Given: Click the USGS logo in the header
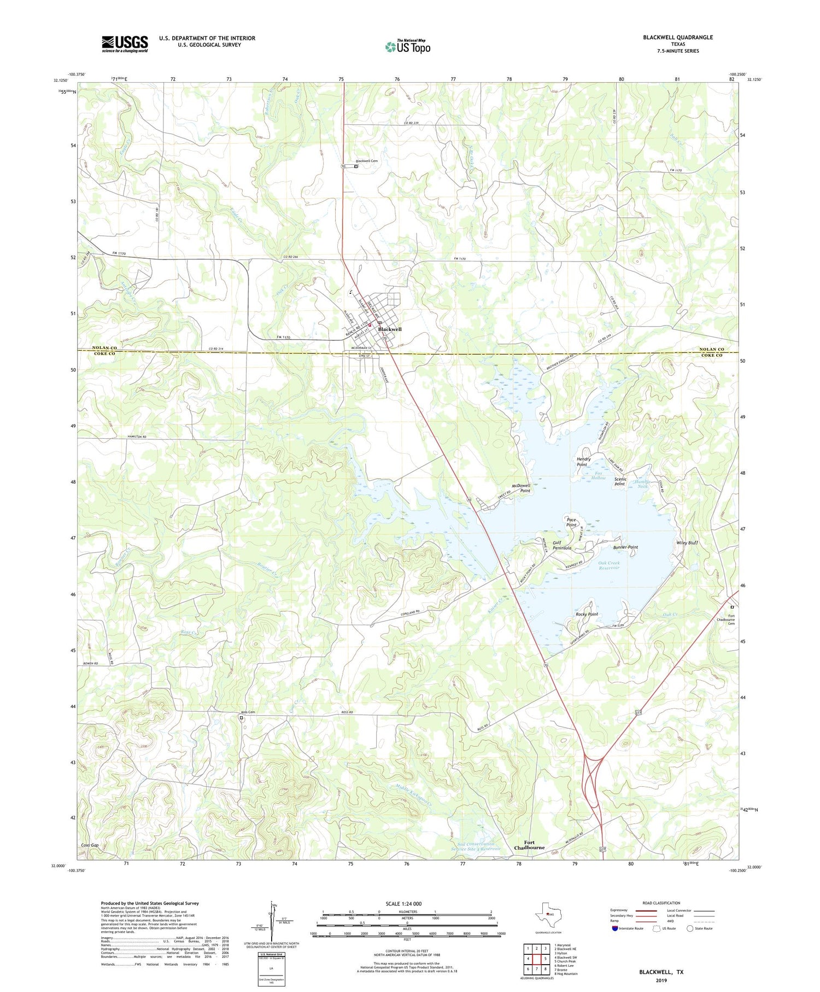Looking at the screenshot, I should (125, 44).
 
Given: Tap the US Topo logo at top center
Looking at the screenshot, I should (408, 47).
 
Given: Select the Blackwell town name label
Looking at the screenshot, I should (390, 329).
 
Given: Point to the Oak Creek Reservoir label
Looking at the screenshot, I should (608, 565).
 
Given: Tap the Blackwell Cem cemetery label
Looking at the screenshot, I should (367, 161).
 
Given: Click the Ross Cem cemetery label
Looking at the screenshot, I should (248, 712).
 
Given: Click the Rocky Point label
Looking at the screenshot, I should (587, 614).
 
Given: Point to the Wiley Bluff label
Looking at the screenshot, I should (687, 543).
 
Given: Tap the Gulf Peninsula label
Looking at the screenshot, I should (561, 545).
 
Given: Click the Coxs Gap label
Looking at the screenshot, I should (90, 845).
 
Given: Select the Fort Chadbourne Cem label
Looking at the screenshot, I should (731, 619).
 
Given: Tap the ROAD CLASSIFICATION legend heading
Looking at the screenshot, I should (661, 903).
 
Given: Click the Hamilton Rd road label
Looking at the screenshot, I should (137, 437).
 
